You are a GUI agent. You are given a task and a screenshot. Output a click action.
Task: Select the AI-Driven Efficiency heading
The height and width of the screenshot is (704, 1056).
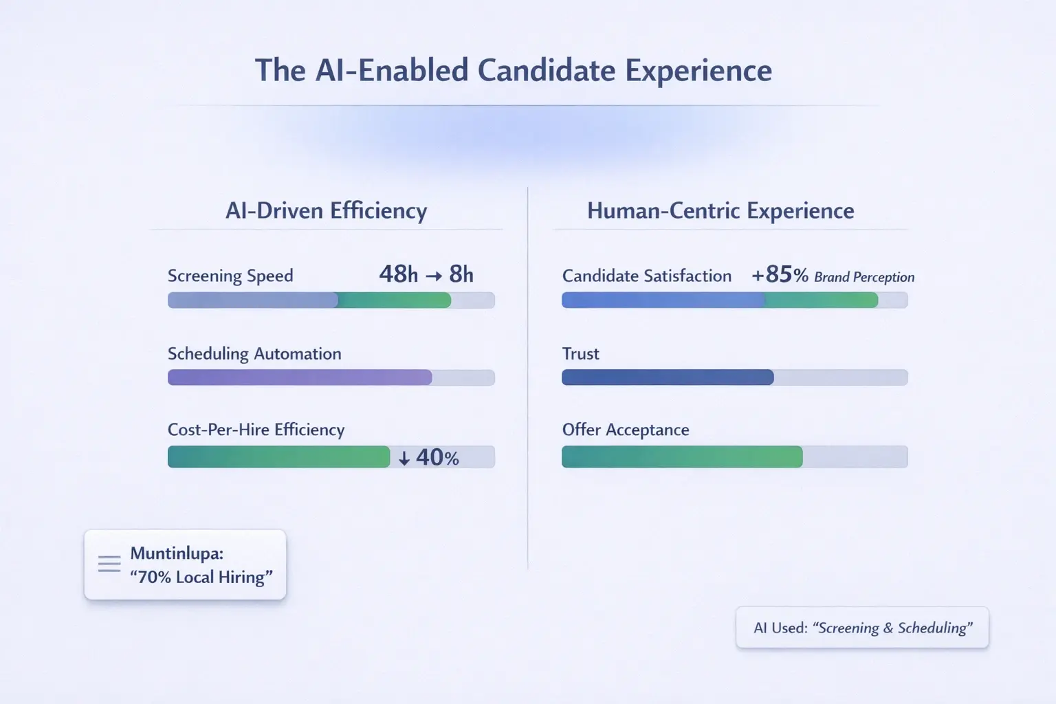[326, 210]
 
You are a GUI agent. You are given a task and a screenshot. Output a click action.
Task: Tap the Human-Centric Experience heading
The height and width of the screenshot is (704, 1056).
[720, 210]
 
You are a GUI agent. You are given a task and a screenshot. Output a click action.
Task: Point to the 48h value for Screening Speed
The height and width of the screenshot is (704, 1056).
[398, 274]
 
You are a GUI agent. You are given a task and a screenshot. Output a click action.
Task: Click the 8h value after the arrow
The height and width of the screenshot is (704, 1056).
[461, 274]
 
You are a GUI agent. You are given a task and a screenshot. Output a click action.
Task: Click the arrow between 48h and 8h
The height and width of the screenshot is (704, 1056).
[433, 276]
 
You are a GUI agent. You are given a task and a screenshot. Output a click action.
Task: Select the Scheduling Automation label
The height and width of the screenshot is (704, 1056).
[254, 353]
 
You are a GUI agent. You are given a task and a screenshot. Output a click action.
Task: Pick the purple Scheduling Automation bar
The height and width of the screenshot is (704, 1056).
[300, 377]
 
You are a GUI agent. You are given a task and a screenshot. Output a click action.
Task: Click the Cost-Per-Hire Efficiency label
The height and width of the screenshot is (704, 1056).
[256, 430]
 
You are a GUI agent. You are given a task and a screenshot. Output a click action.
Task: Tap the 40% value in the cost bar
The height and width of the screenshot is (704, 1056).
[437, 458]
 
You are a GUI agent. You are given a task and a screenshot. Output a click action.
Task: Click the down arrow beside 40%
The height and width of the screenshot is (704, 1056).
[404, 459]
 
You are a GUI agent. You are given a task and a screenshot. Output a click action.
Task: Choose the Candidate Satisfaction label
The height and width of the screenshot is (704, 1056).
[646, 276]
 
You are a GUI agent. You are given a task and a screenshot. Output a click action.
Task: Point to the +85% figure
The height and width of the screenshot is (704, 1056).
[780, 275]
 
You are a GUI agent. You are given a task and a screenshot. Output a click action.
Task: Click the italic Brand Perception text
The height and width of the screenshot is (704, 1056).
[864, 277]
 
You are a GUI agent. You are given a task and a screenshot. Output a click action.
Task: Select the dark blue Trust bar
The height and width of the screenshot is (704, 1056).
[667, 377]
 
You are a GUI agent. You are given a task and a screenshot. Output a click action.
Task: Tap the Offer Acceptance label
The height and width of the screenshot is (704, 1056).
[625, 430]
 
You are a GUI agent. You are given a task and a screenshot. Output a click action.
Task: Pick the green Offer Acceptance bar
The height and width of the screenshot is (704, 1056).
[681, 457]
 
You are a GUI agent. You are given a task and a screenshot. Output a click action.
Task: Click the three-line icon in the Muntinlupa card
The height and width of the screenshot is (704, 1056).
[109, 564]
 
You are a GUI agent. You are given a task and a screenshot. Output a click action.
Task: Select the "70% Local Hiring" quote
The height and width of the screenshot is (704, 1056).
[201, 577]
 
